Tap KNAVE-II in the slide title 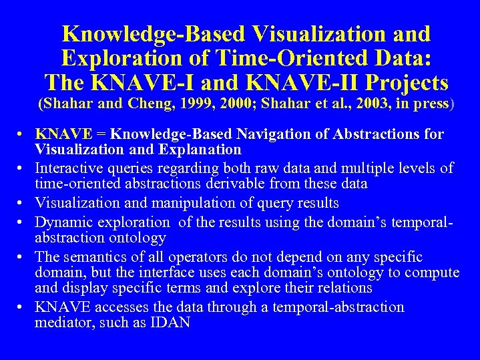click(x=293, y=83)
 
